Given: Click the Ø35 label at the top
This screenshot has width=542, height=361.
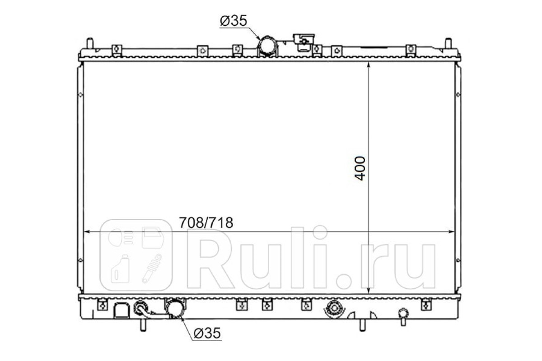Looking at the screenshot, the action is click(234, 21).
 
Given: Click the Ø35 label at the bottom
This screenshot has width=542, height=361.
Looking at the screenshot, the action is click(207, 333).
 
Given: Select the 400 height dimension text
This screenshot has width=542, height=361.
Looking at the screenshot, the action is click(360, 168).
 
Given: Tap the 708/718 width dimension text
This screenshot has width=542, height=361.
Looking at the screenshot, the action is click(206, 222).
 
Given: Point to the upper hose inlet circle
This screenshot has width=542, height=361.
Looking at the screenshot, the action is click(267, 47).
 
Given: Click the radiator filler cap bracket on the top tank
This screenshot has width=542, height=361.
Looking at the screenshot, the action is click(304, 42).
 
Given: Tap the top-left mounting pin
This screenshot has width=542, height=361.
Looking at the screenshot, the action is click(90, 43).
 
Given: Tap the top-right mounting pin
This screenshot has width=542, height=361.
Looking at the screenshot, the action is click(449, 43).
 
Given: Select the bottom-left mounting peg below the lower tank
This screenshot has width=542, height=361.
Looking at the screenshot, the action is click(143, 325).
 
